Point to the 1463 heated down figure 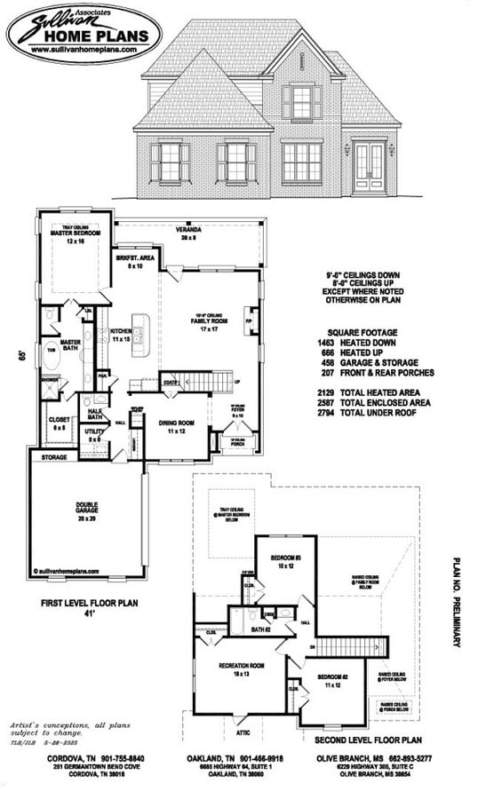point(326,343)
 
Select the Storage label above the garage point(54,458)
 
